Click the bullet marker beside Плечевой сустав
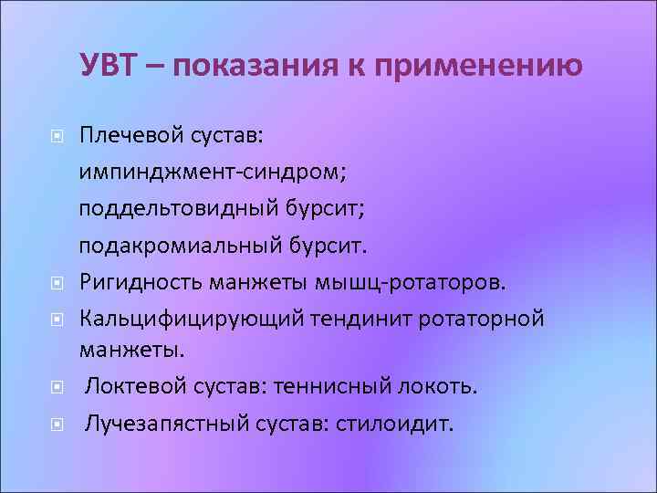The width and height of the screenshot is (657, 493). pos(57,137)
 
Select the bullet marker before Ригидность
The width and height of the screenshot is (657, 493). pos(57,282)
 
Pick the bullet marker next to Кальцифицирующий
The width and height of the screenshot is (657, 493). pos(57,319)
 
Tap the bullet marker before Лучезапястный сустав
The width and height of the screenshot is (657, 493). pos(57,425)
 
